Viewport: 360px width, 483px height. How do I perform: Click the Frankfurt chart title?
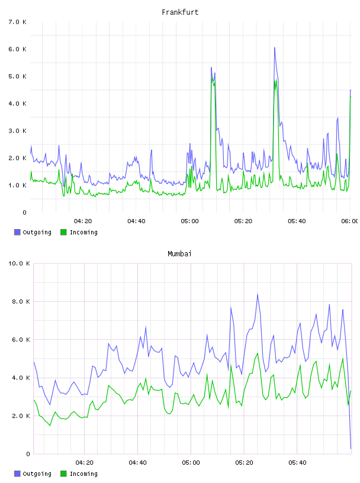click(x=180, y=12)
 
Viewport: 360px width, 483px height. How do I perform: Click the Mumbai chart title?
click(x=179, y=254)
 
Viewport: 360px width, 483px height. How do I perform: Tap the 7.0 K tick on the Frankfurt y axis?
click(x=18, y=22)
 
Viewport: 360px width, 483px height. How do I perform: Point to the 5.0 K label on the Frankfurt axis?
click(x=18, y=76)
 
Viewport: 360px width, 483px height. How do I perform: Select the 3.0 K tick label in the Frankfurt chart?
click(x=18, y=131)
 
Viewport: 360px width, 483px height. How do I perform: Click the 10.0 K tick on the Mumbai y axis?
click(x=19, y=263)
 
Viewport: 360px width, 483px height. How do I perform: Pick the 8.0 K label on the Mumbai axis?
click(x=21, y=301)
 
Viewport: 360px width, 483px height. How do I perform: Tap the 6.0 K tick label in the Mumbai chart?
click(x=21, y=339)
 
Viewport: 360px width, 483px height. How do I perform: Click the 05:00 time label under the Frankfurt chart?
click(x=190, y=221)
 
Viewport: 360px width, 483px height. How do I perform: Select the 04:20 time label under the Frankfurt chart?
click(x=83, y=221)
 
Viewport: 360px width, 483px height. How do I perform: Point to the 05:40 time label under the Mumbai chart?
click(x=297, y=463)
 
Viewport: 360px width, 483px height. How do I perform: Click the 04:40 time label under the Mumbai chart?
click(x=137, y=463)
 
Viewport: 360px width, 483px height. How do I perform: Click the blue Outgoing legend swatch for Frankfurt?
click(x=17, y=232)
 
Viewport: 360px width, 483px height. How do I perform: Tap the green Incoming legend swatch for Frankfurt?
click(x=63, y=232)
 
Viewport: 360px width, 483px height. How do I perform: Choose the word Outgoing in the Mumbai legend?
click(x=37, y=474)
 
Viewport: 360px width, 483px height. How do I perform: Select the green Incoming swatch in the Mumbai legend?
click(x=63, y=474)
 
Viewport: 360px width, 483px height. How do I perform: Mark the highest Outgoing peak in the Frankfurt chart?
click(x=275, y=48)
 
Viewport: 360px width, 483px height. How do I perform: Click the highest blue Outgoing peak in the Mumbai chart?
click(x=258, y=294)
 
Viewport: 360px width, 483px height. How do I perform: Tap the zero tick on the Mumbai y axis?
click(x=28, y=454)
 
